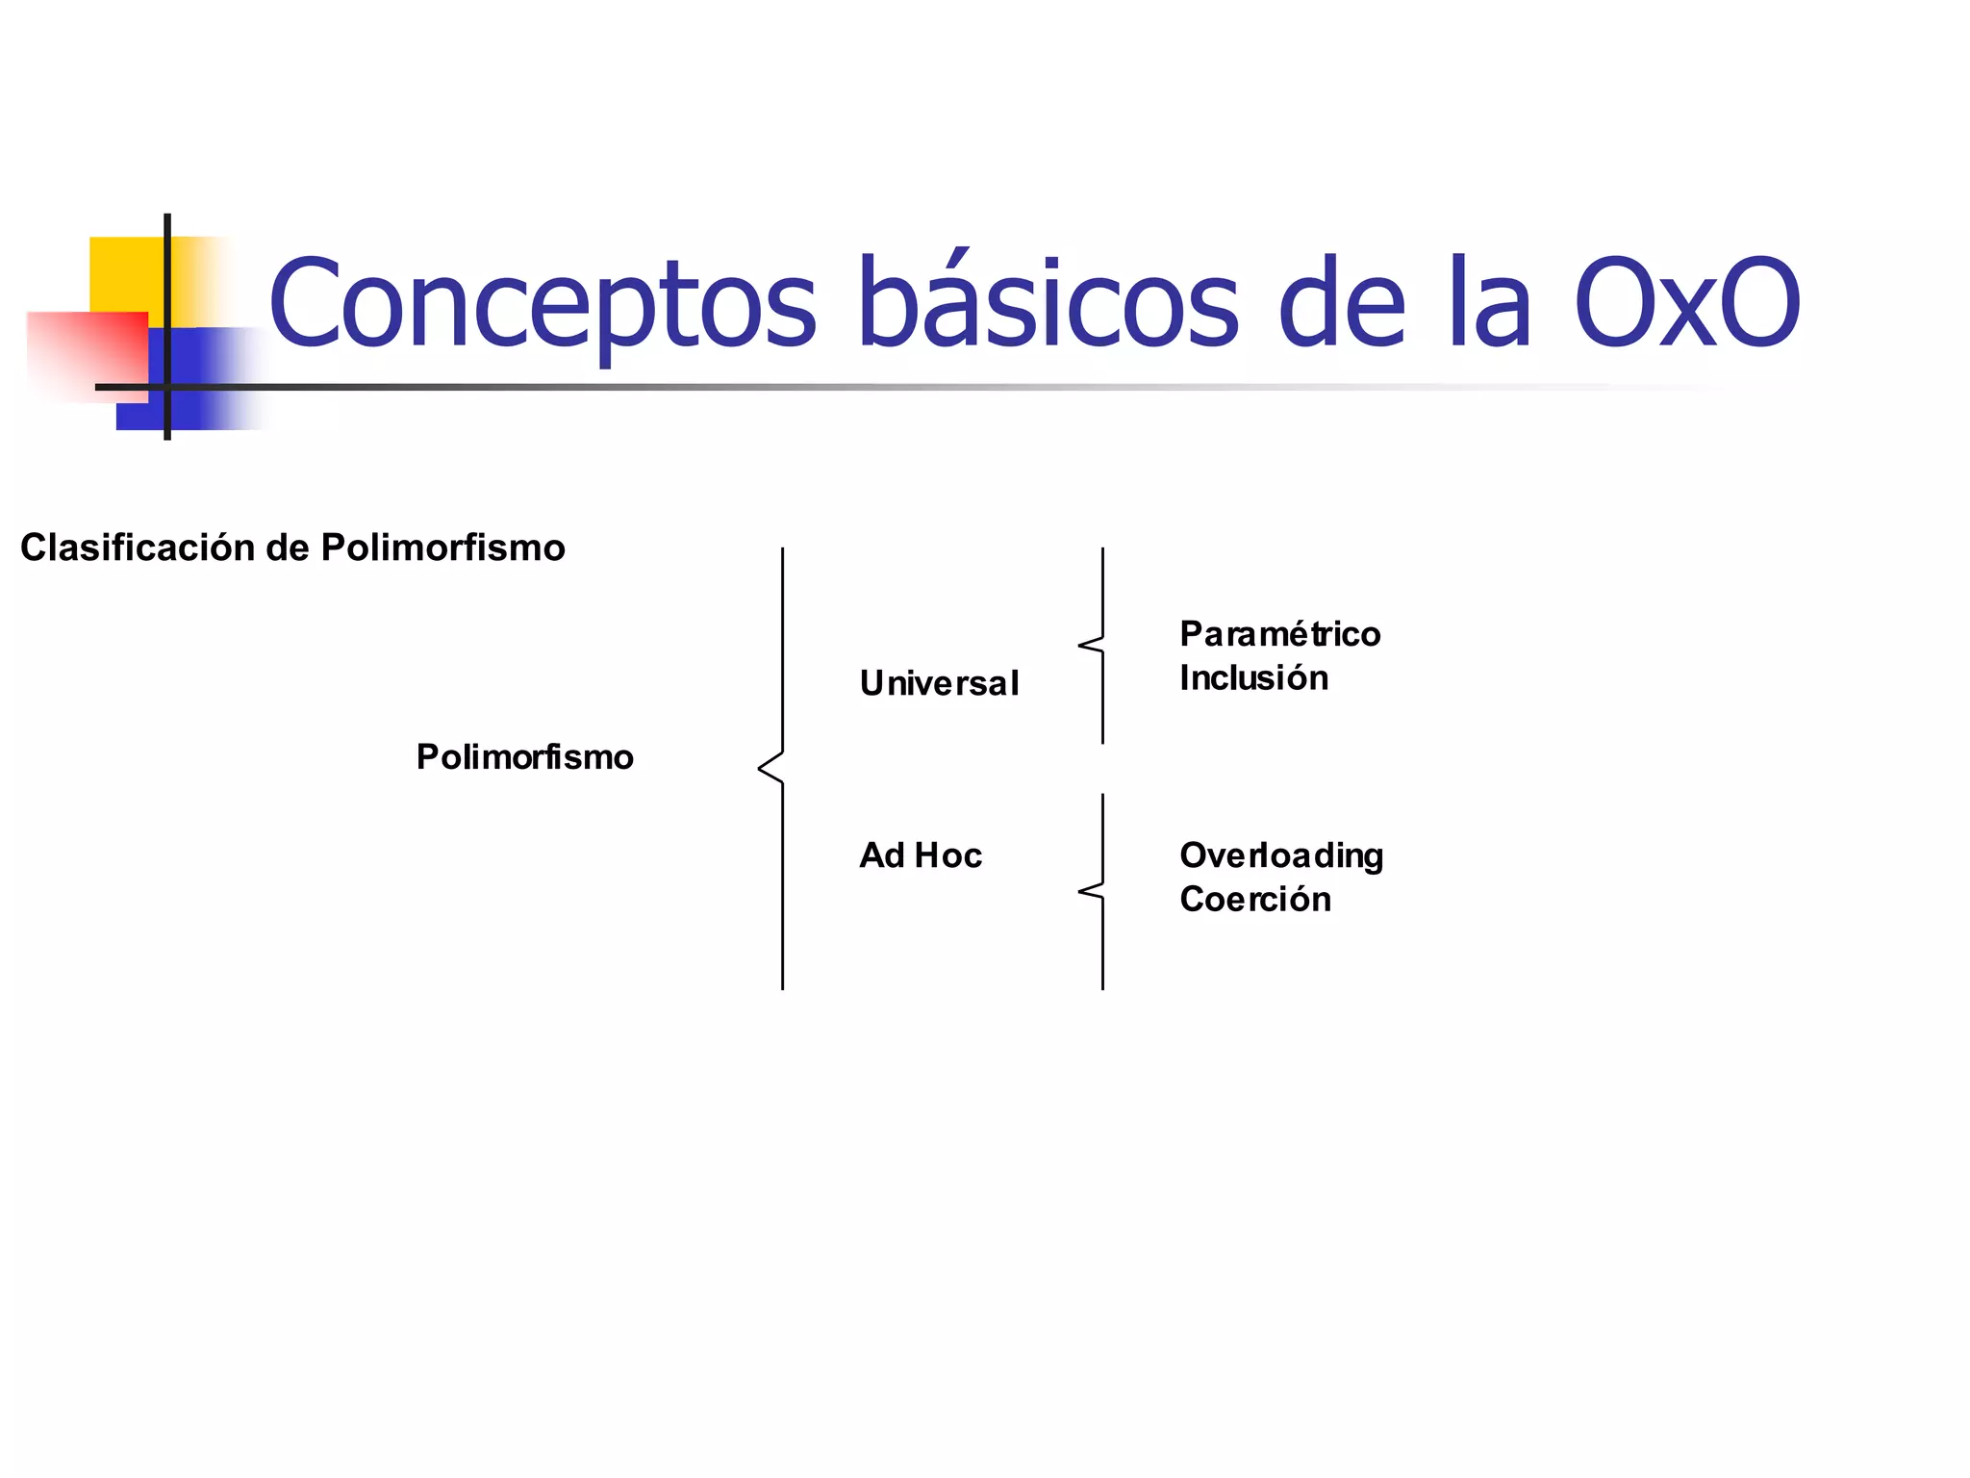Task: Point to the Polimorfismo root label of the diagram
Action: click(525, 757)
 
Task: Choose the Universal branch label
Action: click(939, 683)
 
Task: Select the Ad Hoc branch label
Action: click(921, 855)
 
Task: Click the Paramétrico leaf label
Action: click(1280, 634)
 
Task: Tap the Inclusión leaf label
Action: click(1253, 678)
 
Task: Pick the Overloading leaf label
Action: click(1281, 855)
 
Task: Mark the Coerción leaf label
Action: click(1255, 900)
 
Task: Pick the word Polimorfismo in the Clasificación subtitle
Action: click(442, 548)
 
